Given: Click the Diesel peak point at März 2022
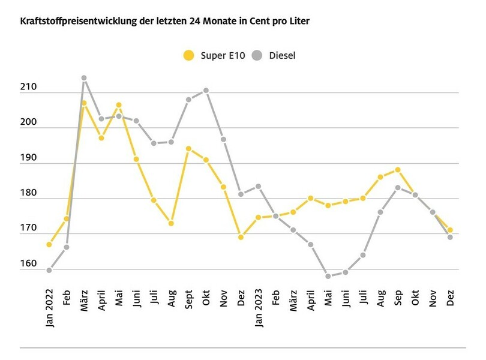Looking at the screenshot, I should (84, 78).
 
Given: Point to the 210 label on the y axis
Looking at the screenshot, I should (29, 88).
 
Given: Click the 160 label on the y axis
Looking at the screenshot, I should (29, 265).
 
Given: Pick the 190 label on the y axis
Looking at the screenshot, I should (29, 158).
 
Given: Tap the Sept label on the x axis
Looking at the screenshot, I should (189, 298).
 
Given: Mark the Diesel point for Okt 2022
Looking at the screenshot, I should (206, 91).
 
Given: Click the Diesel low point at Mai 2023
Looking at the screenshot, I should (328, 277).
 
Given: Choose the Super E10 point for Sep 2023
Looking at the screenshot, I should (398, 170).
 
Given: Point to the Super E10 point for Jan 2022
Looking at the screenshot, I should (49, 244).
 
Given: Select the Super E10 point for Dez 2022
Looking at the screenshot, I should (241, 237).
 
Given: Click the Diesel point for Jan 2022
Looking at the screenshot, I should (49, 271).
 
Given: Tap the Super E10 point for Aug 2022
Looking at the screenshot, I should (171, 223).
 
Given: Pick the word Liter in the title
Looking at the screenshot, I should (298, 21).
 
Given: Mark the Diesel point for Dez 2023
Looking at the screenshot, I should (450, 237).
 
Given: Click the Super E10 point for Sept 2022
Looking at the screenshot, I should (188, 148).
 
